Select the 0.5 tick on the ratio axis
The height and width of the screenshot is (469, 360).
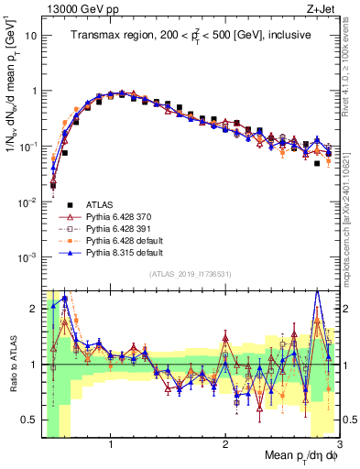[x=31, y=420]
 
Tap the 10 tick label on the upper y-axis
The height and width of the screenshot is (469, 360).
[x=30, y=36]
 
